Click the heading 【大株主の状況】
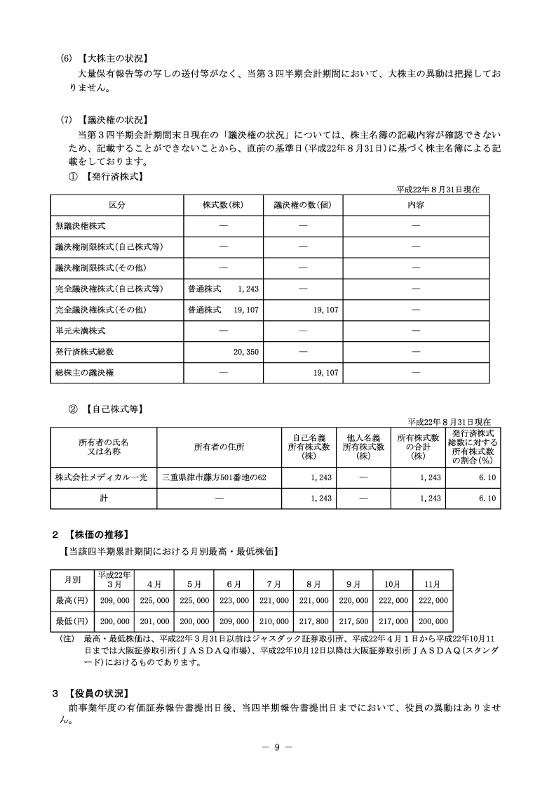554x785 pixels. pos(114,58)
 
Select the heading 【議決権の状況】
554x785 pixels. pos(114,119)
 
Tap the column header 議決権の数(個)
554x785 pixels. pos(297,205)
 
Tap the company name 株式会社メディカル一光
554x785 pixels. pos(101,477)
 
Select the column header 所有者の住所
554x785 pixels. pos(219,446)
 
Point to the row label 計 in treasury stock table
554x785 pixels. pos(103,498)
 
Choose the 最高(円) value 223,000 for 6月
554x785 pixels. pos(234,601)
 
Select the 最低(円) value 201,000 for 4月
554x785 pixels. pos(154,621)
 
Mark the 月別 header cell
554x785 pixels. pos(73,580)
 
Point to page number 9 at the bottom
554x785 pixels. pos(276,746)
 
